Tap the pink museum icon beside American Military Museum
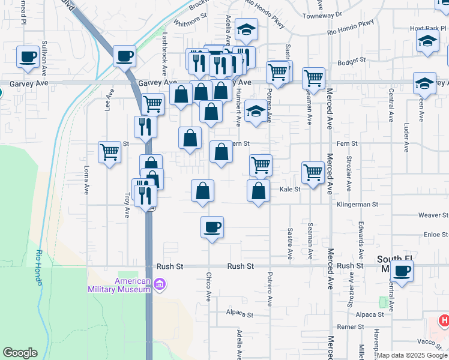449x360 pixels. click(x=160, y=284)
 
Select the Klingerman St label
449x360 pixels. click(x=357, y=204)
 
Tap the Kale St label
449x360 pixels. click(x=289, y=189)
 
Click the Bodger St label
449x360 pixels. click(x=352, y=61)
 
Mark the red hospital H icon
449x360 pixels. click(x=444, y=321)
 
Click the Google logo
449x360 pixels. click(x=20, y=353)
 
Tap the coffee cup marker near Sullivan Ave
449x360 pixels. click(x=28, y=57)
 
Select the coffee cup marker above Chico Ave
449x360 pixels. click(x=212, y=227)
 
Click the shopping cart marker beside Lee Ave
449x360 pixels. click(x=109, y=152)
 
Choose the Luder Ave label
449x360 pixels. click(x=407, y=138)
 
